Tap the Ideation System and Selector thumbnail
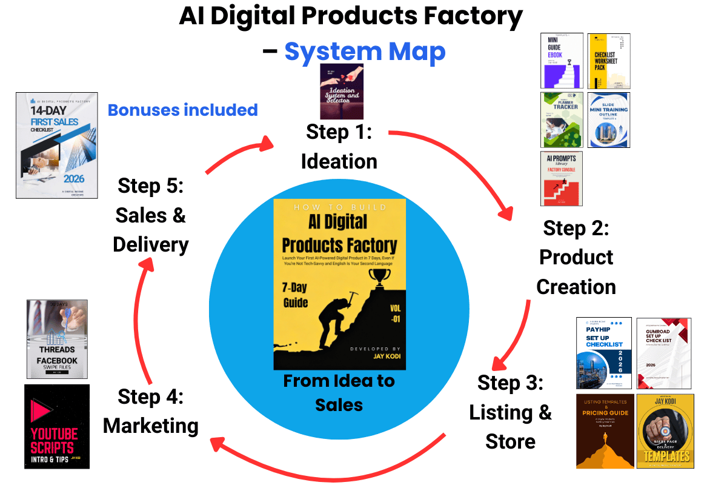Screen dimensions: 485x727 click(x=342, y=91)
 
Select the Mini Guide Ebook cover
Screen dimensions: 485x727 click(x=562, y=61)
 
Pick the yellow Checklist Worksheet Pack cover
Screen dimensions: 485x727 click(x=609, y=61)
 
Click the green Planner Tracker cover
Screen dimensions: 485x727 click(x=562, y=119)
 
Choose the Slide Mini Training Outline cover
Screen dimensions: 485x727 click(x=609, y=119)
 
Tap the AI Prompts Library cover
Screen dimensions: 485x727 click(x=562, y=178)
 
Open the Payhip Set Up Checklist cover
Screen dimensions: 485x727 click(x=604, y=353)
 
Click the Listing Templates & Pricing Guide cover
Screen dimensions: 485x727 click(x=605, y=430)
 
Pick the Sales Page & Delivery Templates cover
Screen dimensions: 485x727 click(x=665, y=430)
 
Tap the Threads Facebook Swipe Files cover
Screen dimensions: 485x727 click(x=57, y=339)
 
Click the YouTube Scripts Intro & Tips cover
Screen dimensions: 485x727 click(x=57, y=426)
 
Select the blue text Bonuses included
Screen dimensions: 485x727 click(x=182, y=110)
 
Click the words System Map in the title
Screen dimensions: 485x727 click(x=365, y=53)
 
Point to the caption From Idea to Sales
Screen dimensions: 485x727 click(x=339, y=392)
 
